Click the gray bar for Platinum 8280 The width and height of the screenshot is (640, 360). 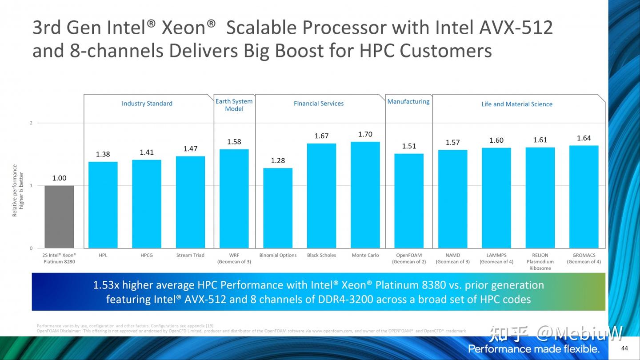tap(59, 217)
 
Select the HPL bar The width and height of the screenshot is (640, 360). tap(103, 205)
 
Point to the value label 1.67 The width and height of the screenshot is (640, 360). tap(321, 136)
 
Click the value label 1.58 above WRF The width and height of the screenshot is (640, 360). tap(234, 142)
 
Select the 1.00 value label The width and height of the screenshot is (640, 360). tap(59, 178)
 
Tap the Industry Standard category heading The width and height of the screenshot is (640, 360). tap(147, 104)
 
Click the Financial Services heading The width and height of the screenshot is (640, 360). tap(319, 104)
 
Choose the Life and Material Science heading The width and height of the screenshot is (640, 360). tap(517, 104)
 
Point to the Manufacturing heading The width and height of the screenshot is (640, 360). tap(408, 101)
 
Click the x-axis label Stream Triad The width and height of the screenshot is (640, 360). tap(190, 255)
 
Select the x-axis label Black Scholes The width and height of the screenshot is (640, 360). tap(321, 255)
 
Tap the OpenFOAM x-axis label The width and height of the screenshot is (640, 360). tap(409, 255)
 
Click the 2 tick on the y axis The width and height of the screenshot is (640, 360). tap(31, 123)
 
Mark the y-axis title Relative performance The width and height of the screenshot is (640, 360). tap(15, 190)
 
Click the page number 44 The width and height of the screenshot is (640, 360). tap(624, 348)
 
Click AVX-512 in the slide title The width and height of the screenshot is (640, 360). tap(516, 28)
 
